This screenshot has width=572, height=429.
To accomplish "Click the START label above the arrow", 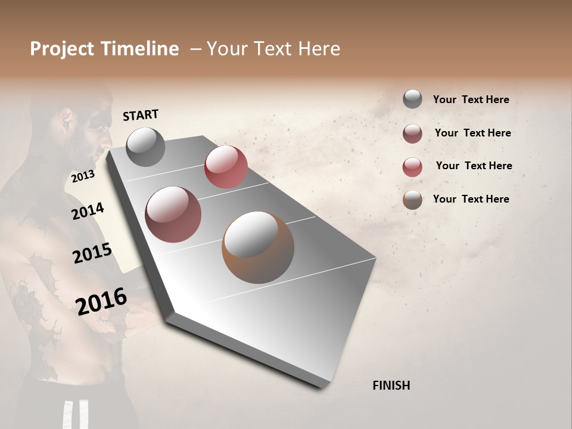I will click(141, 115).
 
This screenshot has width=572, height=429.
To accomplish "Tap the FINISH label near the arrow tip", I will click(391, 386).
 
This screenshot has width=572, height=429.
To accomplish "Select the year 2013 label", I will click(83, 176).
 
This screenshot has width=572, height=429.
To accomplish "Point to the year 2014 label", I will click(88, 212).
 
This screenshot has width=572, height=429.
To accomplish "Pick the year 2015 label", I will click(92, 253).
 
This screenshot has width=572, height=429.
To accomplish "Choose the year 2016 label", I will click(101, 301).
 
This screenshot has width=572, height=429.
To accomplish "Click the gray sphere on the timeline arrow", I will click(145, 147).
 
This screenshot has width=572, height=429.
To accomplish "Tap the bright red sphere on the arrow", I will click(226, 167).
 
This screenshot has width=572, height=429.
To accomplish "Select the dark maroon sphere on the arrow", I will click(173, 214).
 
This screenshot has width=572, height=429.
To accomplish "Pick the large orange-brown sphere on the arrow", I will click(258, 247).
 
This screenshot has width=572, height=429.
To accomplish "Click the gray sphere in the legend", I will click(412, 99).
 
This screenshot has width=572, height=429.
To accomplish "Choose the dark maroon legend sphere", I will click(412, 133).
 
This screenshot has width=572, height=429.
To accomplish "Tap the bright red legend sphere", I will click(412, 167).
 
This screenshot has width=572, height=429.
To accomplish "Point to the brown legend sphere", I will click(412, 200).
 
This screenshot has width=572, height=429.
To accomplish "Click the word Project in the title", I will click(62, 49).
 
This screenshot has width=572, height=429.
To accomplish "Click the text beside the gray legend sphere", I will click(471, 100).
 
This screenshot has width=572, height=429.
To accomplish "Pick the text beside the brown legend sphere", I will click(471, 199).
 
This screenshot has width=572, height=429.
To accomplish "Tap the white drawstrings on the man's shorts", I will click(76, 415).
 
